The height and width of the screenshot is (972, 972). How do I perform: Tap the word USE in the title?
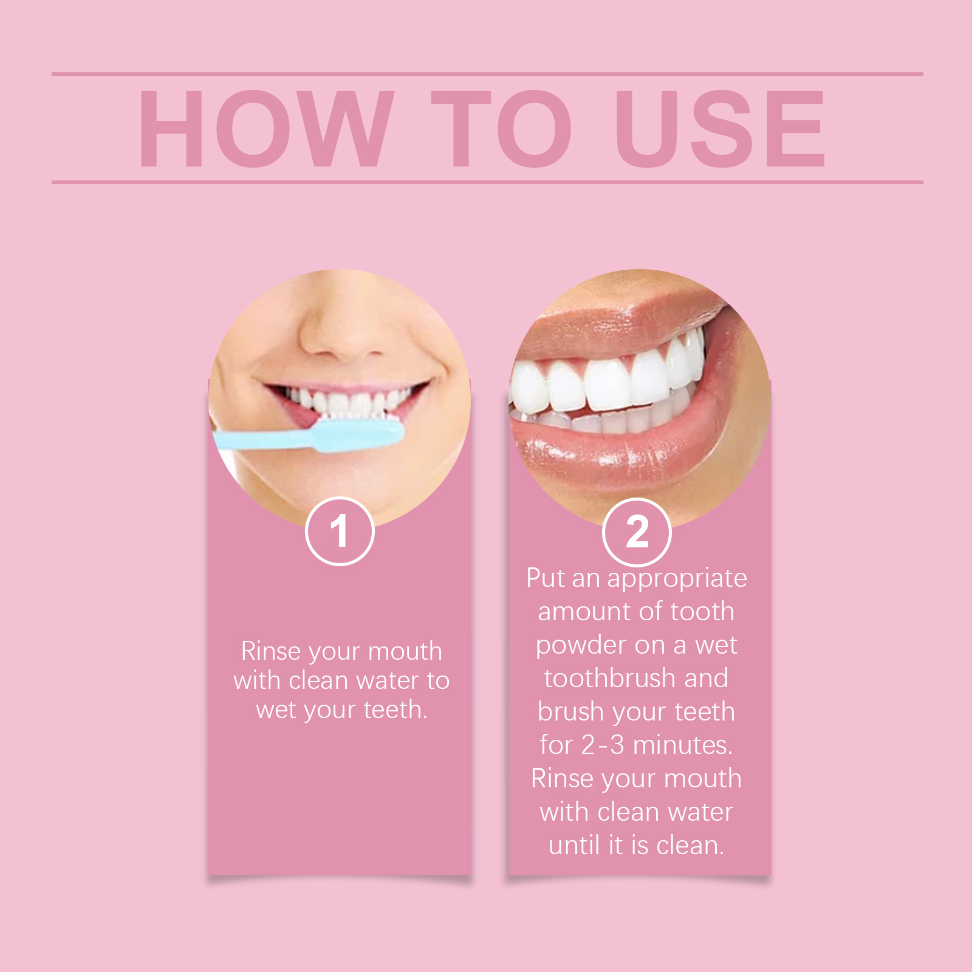pos(720,128)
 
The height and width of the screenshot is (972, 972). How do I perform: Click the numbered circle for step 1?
pos(340,532)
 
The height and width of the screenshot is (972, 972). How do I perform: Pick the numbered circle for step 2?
pos(637,532)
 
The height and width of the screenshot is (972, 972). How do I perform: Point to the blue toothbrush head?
pos(358,435)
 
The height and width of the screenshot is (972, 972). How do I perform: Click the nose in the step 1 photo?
pos(340,331)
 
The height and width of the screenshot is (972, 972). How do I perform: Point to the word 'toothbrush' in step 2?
pos(610,678)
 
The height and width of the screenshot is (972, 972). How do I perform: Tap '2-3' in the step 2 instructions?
pos(603,745)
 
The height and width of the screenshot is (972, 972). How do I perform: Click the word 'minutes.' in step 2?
pos(683,745)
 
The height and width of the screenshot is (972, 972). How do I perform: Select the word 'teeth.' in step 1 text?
pos(396,710)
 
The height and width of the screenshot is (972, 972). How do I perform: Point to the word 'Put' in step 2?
pos(546,578)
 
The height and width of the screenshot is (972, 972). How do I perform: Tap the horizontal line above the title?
pos(487,74)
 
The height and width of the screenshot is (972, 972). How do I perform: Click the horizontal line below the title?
pos(487,182)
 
